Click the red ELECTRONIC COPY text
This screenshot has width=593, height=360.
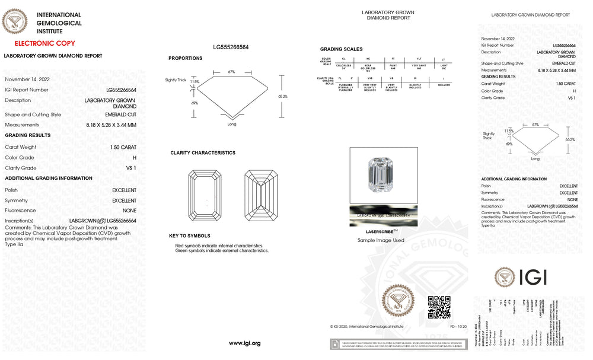[x=44, y=43]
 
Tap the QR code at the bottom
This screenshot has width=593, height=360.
[x=439, y=307]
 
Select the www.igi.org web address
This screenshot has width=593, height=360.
[x=244, y=343]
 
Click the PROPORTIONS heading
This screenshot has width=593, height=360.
[x=185, y=58]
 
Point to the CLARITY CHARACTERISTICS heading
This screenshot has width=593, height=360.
[x=203, y=153]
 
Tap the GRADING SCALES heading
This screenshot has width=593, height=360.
[x=341, y=49]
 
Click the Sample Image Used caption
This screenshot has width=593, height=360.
[x=381, y=240]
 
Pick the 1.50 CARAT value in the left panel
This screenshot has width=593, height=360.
[x=123, y=147]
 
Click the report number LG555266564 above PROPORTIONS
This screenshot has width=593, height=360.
[x=231, y=46]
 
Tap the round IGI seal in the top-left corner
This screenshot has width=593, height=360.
[x=15, y=22]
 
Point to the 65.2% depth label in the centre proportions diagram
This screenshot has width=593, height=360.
[x=282, y=96]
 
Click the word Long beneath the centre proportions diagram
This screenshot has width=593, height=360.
[x=232, y=124]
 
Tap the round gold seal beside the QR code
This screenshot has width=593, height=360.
[x=398, y=303]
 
